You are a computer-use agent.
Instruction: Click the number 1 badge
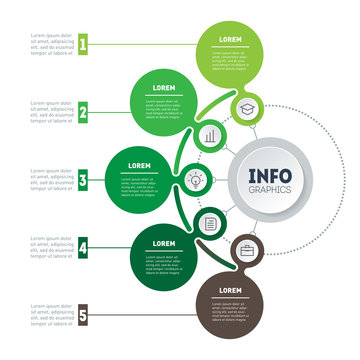click(x=84, y=44)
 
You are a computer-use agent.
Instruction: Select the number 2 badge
click(x=84, y=112)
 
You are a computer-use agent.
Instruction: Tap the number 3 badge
click(x=84, y=181)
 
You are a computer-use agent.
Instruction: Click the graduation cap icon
click(x=246, y=106)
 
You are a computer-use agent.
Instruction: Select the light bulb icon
click(x=193, y=180)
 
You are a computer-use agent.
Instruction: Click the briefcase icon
click(x=246, y=252)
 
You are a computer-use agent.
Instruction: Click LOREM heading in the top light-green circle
click(x=231, y=39)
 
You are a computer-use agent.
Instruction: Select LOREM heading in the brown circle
click(x=231, y=290)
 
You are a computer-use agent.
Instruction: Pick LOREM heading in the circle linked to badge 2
click(x=164, y=88)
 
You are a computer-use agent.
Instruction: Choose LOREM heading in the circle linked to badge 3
click(x=139, y=165)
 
